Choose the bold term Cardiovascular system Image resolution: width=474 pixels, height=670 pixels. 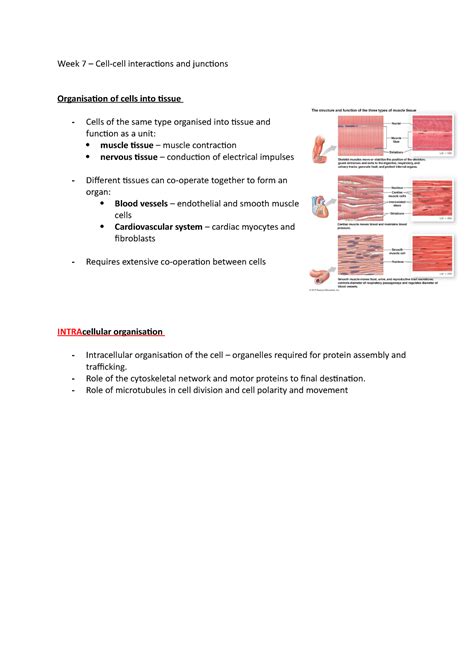(x=160, y=227)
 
